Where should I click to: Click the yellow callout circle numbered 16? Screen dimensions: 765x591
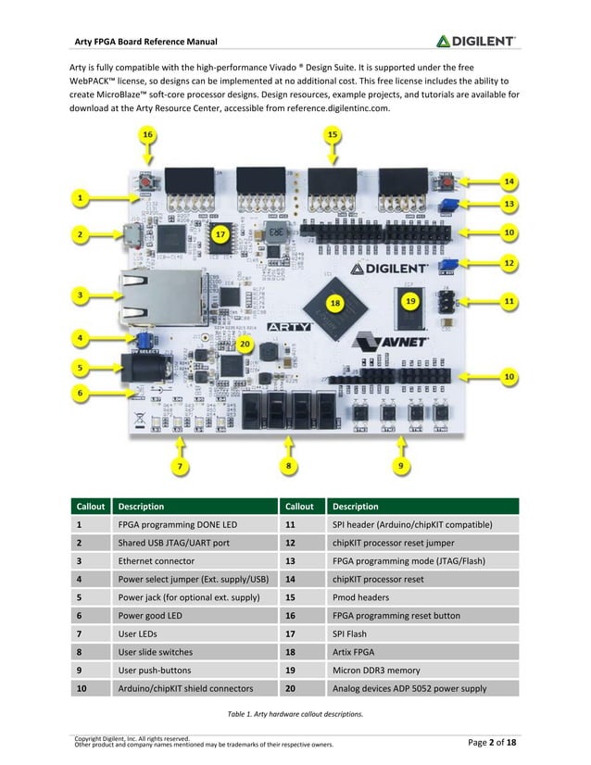point(147,135)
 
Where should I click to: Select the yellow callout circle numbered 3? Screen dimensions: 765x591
point(81,295)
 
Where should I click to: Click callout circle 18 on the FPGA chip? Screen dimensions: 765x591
point(335,302)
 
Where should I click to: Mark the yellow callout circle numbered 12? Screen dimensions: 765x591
point(509,263)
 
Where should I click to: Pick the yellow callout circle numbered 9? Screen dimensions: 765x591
point(400,465)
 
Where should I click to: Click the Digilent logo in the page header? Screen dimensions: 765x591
point(476,41)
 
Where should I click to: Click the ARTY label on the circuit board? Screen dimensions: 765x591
point(288,326)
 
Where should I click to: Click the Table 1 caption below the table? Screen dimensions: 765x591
point(295,714)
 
